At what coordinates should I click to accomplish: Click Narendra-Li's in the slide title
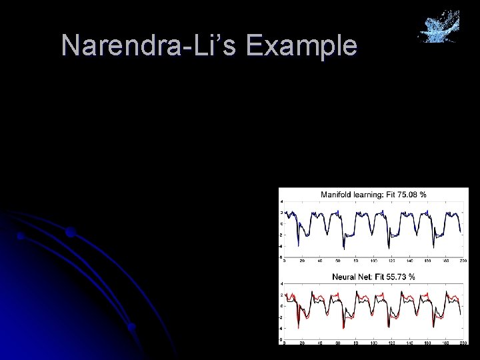[149, 46]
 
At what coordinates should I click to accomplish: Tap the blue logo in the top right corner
[439, 27]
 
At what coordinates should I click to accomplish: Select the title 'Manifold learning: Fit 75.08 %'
[373, 195]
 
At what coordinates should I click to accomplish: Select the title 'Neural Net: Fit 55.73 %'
[373, 276]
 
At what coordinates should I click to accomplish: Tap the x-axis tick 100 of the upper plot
[373, 261]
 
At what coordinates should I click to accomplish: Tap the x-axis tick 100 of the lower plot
[373, 343]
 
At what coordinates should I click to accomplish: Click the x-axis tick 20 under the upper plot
[302, 261]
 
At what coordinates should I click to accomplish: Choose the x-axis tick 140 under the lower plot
[409, 343]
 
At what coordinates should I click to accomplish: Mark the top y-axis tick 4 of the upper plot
[281, 201]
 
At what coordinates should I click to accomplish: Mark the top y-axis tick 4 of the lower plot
[281, 283]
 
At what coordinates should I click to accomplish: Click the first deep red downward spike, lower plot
[298, 327]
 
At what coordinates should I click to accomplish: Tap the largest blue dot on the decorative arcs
[70, 233]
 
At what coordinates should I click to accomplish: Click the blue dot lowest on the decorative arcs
[132, 327]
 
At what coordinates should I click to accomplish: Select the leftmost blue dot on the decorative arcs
[21, 236]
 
